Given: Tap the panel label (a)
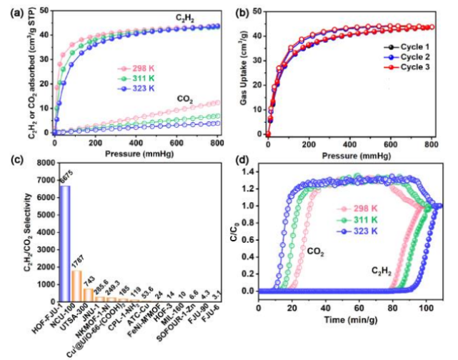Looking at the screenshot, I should click(12, 9).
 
